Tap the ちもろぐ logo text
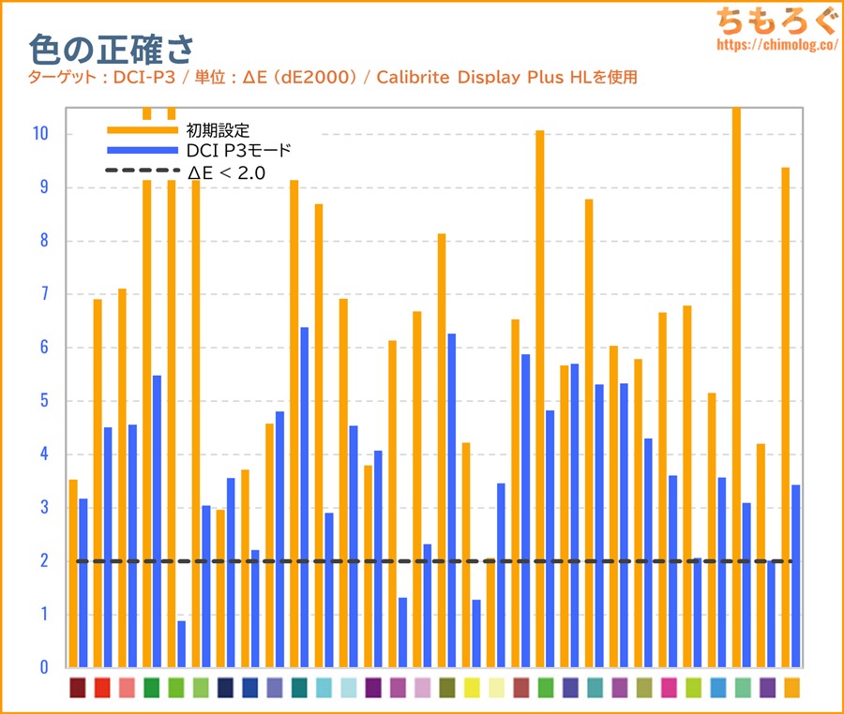tap(776, 21)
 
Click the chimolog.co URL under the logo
tap(776, 44)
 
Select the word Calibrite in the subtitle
tap(414, 77)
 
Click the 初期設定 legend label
tap(219, 129)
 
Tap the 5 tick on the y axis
tap(43, 401)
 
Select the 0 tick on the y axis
tap(43, 668)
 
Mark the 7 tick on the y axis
tap(43, 294)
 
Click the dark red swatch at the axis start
tap(78, 688)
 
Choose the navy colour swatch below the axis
tap(225, 688)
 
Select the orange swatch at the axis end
tap(791, 688)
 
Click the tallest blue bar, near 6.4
tap(304, 497)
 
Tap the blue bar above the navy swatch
tap(231, 573)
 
